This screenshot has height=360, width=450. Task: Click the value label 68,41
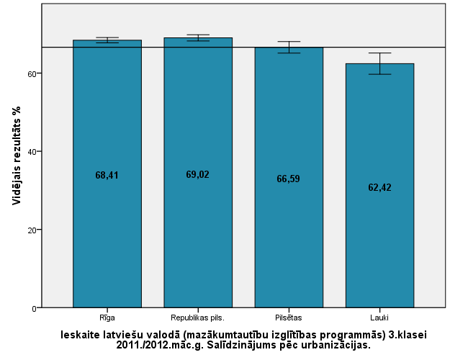pyautogui.click(x=107, y=175)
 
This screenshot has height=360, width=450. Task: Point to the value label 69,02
pyautogui.click(x=198, y=174)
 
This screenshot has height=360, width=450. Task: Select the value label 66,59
pyautogui.click(x=289, y=179)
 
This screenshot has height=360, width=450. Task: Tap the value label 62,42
pyautogui.click(x=379, y=187)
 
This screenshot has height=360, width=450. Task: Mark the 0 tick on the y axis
pyautogui.click(x=34, y=308)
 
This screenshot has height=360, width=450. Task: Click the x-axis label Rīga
pyautogui.click(x=107, y=317)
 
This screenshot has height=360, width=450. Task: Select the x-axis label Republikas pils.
pyautogui.click(x=198, y=317)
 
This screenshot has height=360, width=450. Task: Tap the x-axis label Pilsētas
pyautogui.click(x=289, y=317)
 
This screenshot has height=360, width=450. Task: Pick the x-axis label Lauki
pyautogui.click(x=379, y=317)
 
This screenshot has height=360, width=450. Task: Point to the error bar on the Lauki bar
pyautogui.click(x=379, y=63)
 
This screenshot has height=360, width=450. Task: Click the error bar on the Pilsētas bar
pyautogui.click(x=289, y=48)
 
